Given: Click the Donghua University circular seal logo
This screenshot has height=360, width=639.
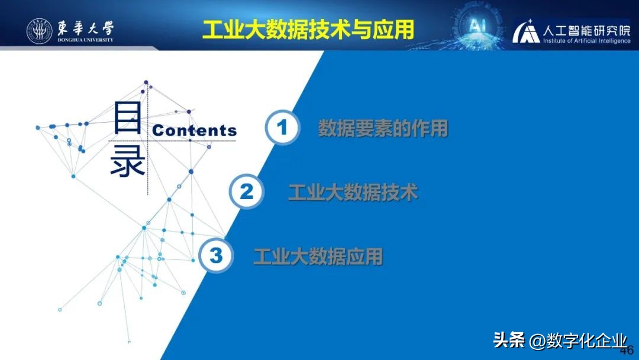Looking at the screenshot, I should [39, 31].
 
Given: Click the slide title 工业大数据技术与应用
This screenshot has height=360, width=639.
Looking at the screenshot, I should [308, 30].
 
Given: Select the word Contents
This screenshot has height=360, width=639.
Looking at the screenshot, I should [195, 131].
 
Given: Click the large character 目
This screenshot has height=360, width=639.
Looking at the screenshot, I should [127, 117].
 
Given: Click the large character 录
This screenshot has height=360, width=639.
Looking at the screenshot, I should [127, 162].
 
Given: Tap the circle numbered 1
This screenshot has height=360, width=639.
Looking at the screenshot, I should [282, 127].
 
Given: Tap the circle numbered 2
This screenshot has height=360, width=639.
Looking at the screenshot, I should [246, 192].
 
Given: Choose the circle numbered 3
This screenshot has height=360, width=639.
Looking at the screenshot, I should [216, 256].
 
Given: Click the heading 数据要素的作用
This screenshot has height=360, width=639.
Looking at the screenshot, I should [383, 128].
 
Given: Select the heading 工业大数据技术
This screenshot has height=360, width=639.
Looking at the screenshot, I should [353, 192].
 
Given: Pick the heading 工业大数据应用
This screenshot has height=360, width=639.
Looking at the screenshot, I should [318, 256].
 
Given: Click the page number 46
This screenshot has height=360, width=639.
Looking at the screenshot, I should [626, 349].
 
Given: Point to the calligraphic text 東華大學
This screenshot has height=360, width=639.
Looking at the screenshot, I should [86, 27].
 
